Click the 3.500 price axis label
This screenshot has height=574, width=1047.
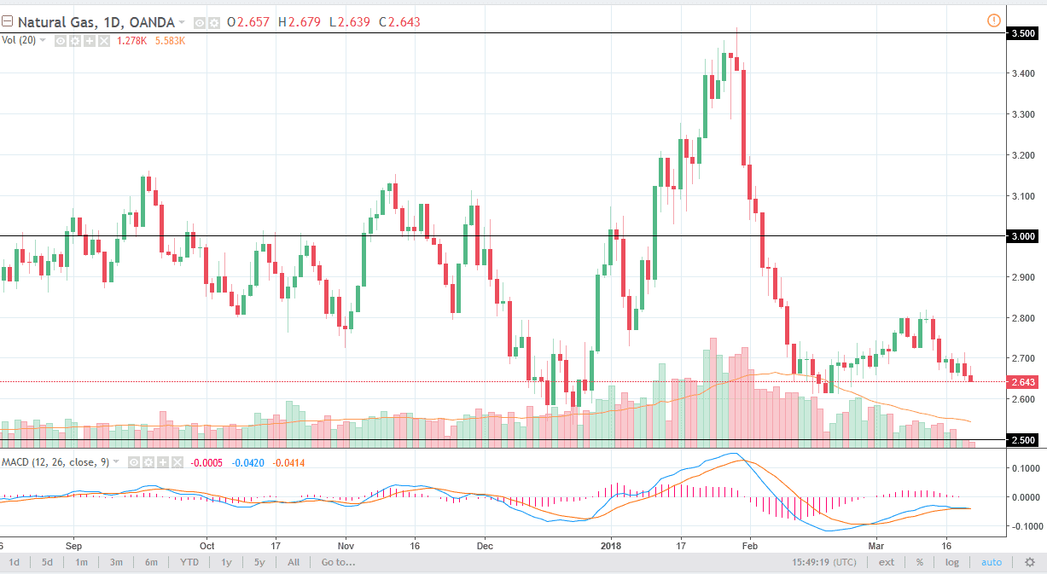tap(1022, 34)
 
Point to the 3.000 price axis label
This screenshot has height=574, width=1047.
tap(1022, 236)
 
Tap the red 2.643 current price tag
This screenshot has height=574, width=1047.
tap(1022, 381)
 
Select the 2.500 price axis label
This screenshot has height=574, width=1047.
tap(1022, 440)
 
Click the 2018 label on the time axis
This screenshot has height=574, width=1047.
tap(611, 542)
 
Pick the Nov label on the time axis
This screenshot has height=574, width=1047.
tap(345, 542)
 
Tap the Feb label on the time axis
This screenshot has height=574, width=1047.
tap(749, 542)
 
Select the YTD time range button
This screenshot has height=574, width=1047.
tap(189, 562)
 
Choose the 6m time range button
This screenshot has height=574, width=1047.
tap(151, 562)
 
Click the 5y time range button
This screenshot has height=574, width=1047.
tap(260, 562)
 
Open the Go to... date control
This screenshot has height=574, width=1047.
tap(338, 562)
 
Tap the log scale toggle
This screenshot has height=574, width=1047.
tap(951, 562)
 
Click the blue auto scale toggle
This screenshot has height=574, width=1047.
tap(992, 562)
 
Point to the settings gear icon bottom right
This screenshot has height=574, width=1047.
tap(1031, 562)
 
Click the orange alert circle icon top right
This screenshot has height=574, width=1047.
tap(993, 20)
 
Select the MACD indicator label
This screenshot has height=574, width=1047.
tap(16, 462)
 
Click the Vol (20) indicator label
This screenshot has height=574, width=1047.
tap(19, 40)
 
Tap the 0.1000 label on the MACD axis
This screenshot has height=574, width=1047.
tap(1025, 468)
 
